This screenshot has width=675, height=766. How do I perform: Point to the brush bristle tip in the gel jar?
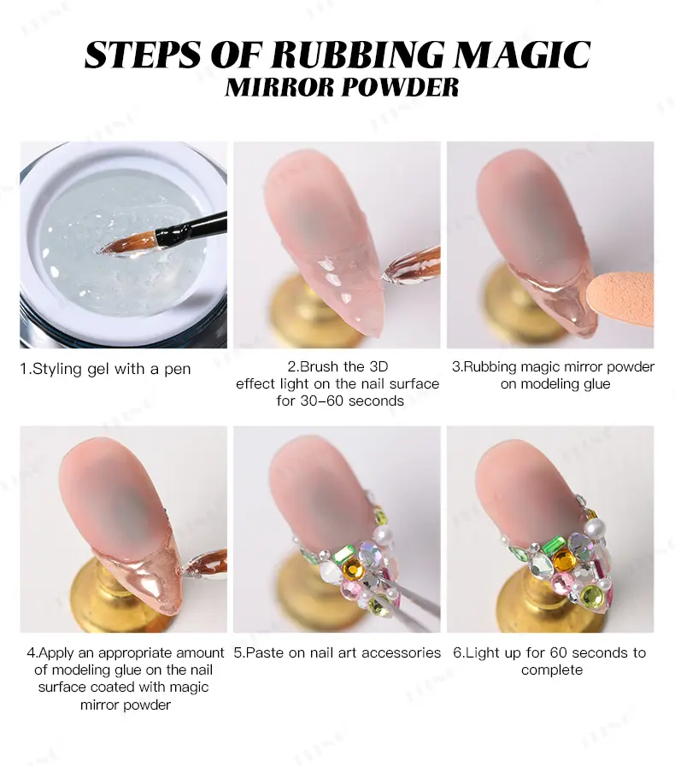click(x=100, y=250)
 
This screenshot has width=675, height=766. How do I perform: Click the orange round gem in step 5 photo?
click(x=352, y=569)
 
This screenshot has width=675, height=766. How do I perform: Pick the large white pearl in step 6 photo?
click(x=595, y=527)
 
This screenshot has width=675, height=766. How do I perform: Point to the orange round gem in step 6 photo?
click(x=565, y=560)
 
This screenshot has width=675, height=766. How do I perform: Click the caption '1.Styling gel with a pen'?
click(x=105, y=369)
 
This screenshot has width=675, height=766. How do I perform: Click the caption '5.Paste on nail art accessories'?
click(x=337, y=652)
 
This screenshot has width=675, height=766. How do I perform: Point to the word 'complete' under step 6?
click(x=552, y=670)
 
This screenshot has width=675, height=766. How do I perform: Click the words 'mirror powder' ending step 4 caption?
click(x=126, y=705)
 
